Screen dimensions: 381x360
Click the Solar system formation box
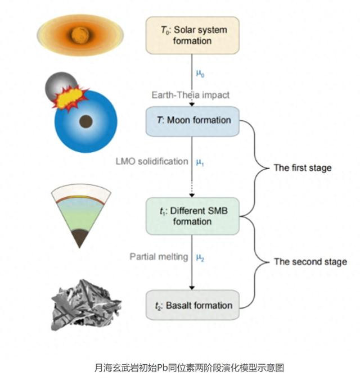[x=192, y=35]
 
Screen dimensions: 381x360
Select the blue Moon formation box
[x=192, y=120]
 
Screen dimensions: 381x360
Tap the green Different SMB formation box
[x=192, y=215]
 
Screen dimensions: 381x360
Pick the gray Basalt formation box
[x=192, y=305]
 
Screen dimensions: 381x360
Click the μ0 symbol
[x=200, y=73]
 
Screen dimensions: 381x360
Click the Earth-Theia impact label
[x=191, y=95]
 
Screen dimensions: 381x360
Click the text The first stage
[x=302, y=167]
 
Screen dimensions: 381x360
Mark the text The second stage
[x=310, y=261]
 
